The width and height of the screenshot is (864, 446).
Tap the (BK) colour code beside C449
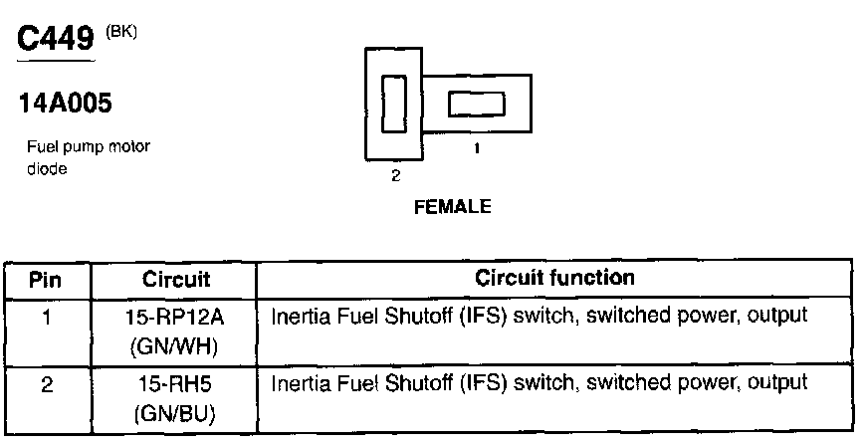click(x=119, y=31)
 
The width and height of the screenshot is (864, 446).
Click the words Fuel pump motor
click(x=89, y=148)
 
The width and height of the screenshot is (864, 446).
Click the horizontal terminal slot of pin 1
click(x=477, y=104)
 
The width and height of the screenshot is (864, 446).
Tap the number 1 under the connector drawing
click(x=476, y=148)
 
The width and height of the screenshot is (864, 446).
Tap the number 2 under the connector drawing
click(x=395, y=175)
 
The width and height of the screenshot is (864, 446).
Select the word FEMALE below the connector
click(x=452, y=207)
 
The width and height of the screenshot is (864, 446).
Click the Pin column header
click(x=46, y=279)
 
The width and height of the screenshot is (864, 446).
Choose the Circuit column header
click(x=173, y=279)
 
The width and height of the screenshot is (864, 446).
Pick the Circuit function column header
click(x=554, y=278)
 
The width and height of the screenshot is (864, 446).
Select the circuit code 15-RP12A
click(x=173, y=318)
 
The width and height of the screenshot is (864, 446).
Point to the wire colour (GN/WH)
click(x=173, y=347)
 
